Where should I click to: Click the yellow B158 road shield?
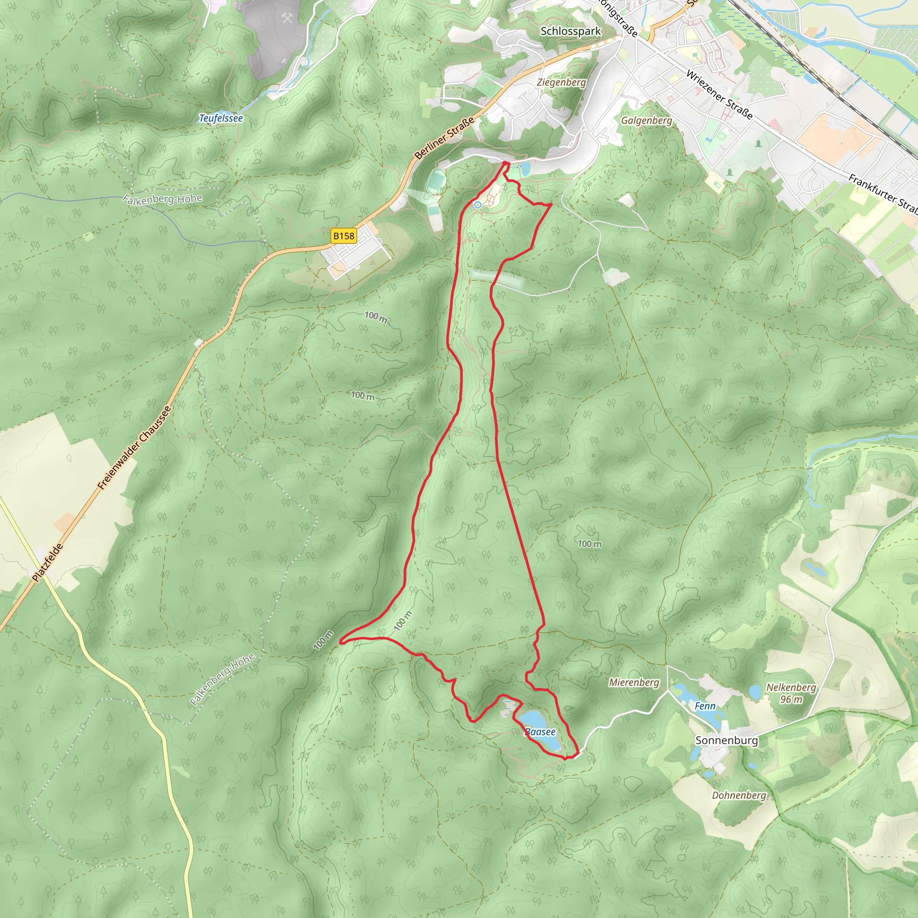coord(343,236)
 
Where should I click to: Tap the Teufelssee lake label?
coord(221,118)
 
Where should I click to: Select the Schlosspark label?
coord(570,31)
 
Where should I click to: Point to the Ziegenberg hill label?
coord(561,82)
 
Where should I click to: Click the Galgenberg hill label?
coord(646,120)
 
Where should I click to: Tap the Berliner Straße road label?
coord(444,138)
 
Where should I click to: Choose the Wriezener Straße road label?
coord(719,95)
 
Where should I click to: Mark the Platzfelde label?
coord(48,563)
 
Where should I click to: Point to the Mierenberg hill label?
coord(634,682)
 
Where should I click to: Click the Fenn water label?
coord(705,706)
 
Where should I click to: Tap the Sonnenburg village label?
coord(726,740)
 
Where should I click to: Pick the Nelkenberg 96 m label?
coord(791,693)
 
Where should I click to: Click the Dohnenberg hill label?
coord(739,796)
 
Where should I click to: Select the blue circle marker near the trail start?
coord(477,205)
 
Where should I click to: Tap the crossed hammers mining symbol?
coord(287,18)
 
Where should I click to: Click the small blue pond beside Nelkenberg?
coord(755,692)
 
